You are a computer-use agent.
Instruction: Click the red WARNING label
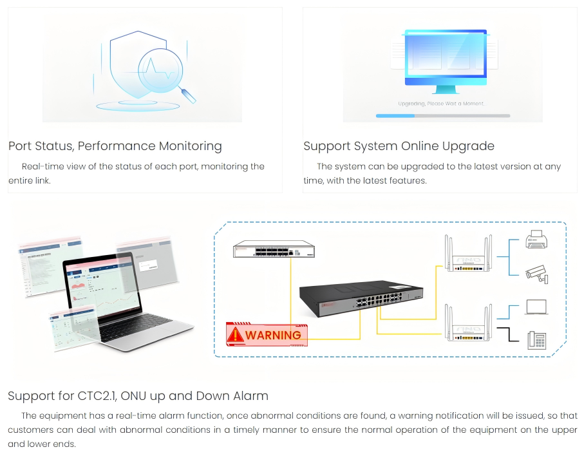[x=267, y=334]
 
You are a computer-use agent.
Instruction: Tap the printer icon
[x=536, y=240]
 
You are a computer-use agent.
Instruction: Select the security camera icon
[x=536, y=274]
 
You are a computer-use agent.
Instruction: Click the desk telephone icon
[x=536, y=339]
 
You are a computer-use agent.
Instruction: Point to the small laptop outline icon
[x=536, y=307]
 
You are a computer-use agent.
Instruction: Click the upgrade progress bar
[x=442, y=116]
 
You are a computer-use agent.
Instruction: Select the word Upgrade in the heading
[x=464, y=146]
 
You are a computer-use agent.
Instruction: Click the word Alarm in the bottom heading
[x=248, y=395]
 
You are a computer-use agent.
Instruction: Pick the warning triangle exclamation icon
[x=236, y=334]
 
